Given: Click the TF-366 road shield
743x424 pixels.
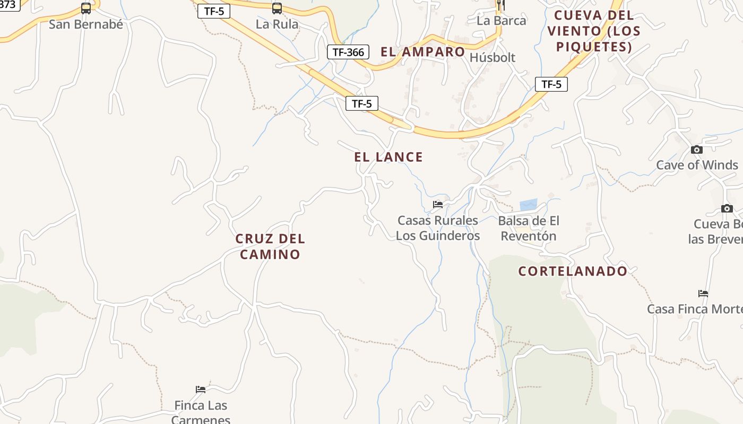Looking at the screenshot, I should [348, 52].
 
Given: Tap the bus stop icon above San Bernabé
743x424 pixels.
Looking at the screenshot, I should [86, 8].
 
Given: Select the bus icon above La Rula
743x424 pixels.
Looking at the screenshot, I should [277, 8].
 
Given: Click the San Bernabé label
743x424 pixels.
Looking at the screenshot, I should [86, 24].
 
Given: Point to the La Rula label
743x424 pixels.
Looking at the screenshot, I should [277, 24].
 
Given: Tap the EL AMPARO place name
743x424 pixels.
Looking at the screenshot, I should [422, 52].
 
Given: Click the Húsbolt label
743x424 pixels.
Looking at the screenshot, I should [493, 57].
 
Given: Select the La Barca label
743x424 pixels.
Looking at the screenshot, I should [502, 21].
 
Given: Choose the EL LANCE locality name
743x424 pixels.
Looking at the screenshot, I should [388, 157].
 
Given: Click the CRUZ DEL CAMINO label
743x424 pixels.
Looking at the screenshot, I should [270, 246].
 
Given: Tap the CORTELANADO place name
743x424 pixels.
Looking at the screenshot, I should [573, 271].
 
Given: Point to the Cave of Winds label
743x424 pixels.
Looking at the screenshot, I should [697, 165].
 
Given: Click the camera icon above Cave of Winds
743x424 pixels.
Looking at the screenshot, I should [697, 150].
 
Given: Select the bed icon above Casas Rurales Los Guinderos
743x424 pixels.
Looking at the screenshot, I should [438, 205].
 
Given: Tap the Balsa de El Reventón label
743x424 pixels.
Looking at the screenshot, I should [529, 228].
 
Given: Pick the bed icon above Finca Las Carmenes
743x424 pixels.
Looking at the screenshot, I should [201, 390].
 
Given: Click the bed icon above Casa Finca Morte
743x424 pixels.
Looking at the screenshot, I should [703, 293].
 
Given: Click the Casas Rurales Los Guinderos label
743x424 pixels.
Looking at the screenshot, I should [438, 228].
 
